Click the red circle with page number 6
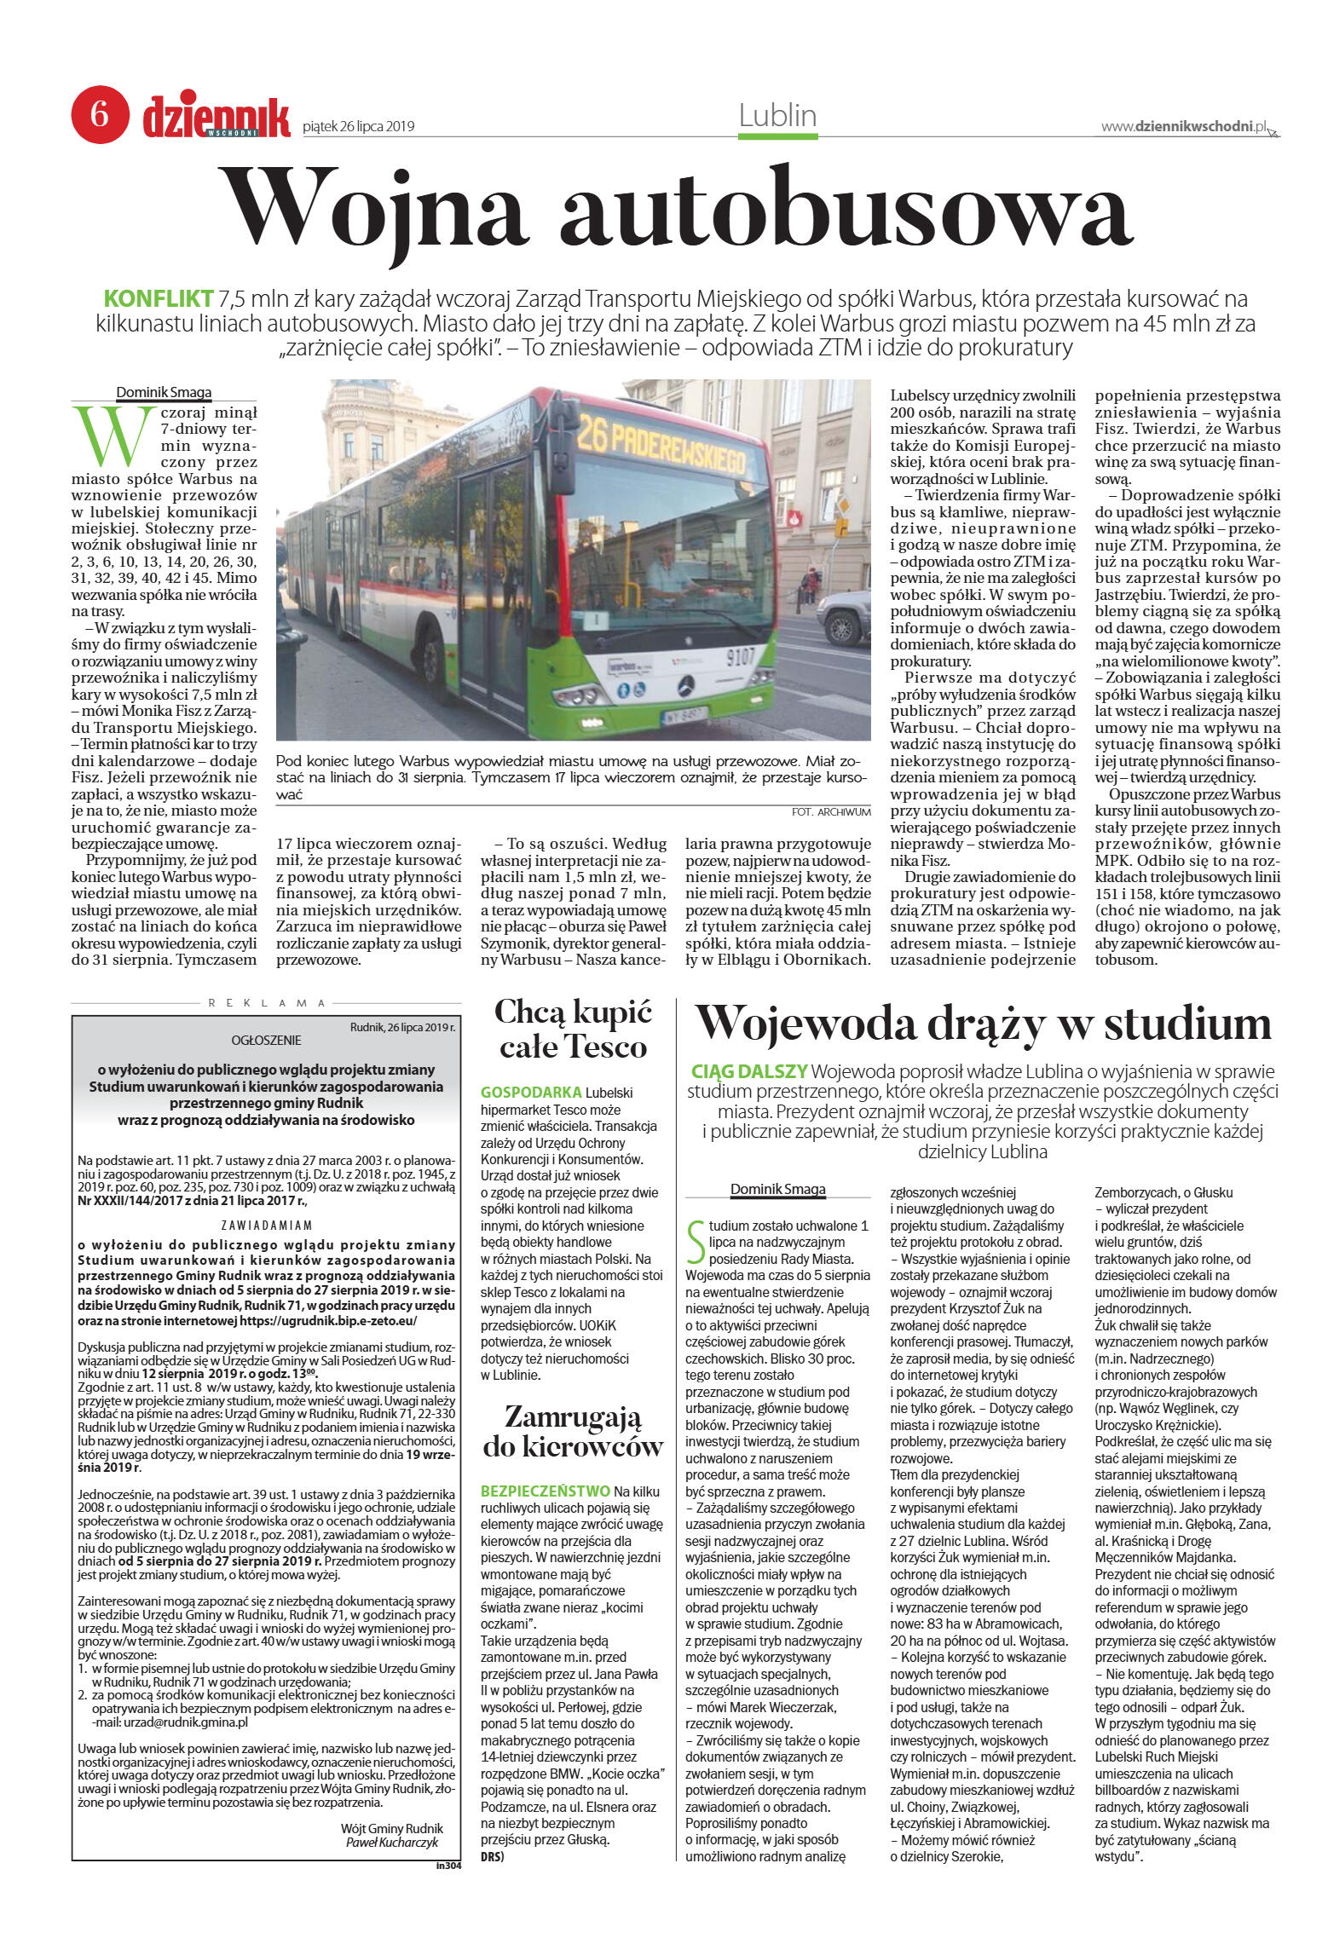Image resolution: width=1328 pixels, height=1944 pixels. (x=100, y=114)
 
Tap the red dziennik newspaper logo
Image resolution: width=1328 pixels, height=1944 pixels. (x=217, y=116)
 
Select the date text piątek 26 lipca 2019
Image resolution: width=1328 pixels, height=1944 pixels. (x=358, y=127)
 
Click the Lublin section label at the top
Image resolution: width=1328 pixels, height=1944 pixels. (x=777, y=116)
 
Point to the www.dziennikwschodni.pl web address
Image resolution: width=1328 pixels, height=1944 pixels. (x=1184, y=126)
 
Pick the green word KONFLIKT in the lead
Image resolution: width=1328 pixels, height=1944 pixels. (x=158, y=299)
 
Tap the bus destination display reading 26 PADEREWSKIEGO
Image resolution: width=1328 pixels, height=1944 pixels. (x=661, y=449)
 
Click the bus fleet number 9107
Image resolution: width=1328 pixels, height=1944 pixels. (x=741, y=657)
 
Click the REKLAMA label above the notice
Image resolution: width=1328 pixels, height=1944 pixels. (x=268, y=1003)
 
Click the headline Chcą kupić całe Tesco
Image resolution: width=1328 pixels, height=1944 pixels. (x=573, y=1029)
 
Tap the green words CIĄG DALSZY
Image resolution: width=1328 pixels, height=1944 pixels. (x=749, y=1071)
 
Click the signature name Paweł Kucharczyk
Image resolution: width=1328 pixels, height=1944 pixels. (x=391, y=1842)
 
